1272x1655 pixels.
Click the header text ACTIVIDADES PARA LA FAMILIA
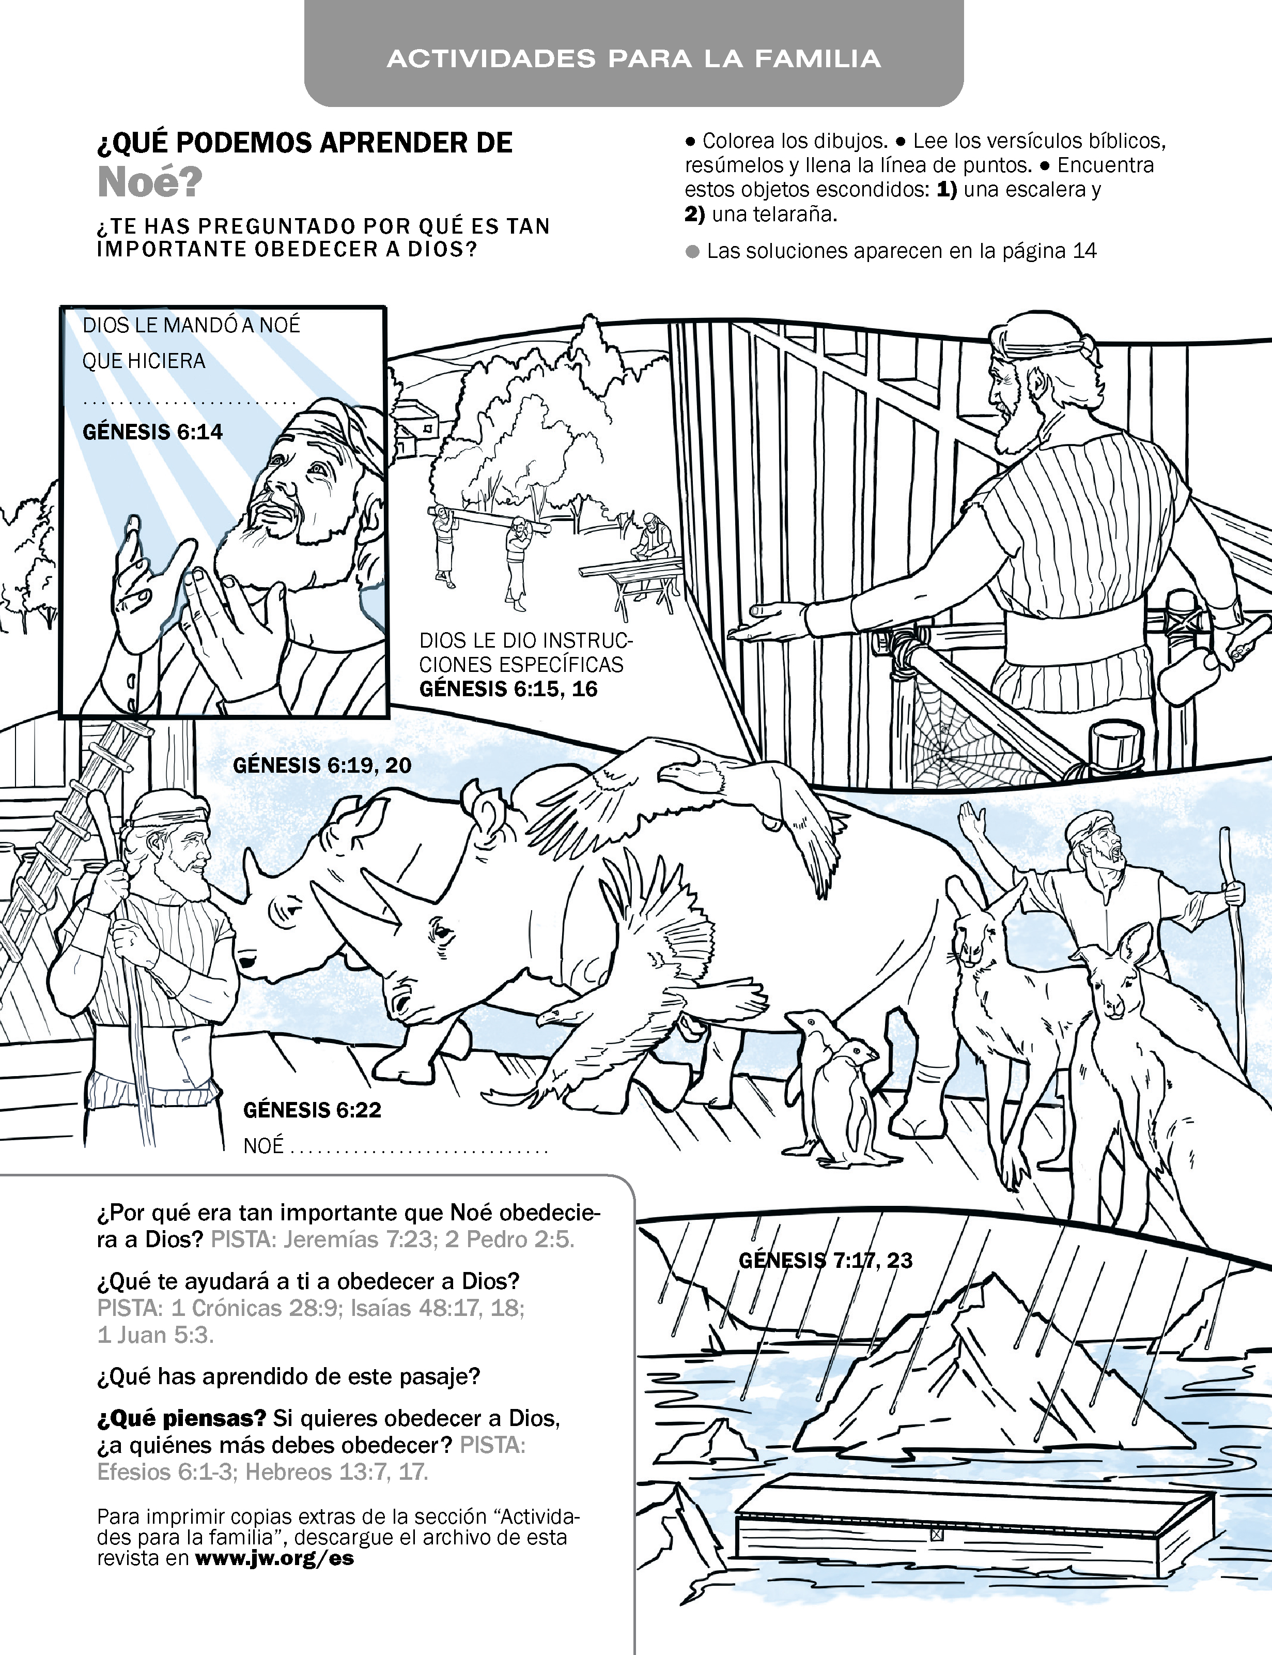[634, 59]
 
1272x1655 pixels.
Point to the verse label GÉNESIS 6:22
[312, 1110]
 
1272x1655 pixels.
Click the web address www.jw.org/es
[274, 1559]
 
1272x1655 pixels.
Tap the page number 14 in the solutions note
[1084, 251]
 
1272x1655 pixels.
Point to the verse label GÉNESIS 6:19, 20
[322, 765]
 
